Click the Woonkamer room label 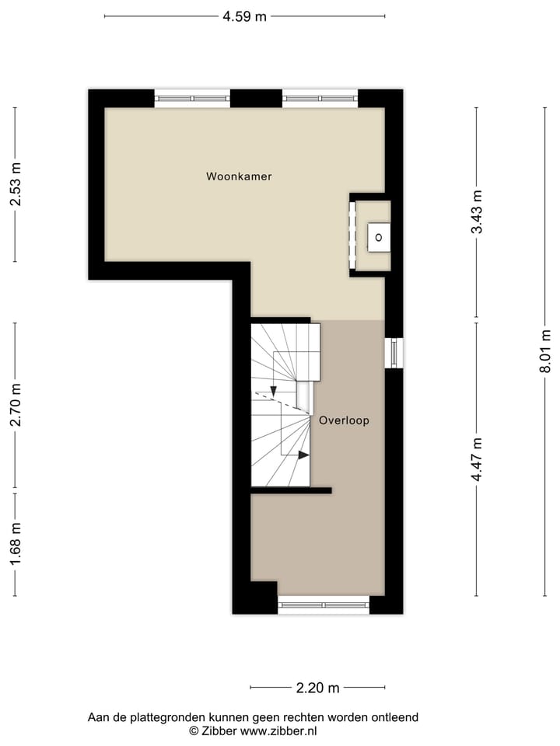[239, 176]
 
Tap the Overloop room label [343, 420]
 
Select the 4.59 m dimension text [244, 16]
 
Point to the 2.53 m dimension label [15, 185]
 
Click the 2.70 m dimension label [15, 406]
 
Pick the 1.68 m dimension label [15, 544]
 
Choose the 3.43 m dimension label [477, 212]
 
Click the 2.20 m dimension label [317, 688]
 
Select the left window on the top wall [192, 99]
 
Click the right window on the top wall [320, 99]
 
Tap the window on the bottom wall [324, 605]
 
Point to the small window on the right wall [394, 353]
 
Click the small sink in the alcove [379, 236]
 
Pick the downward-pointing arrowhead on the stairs [274, 391]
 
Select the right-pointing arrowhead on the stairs [304, 455]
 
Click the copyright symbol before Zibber [194, 731]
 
